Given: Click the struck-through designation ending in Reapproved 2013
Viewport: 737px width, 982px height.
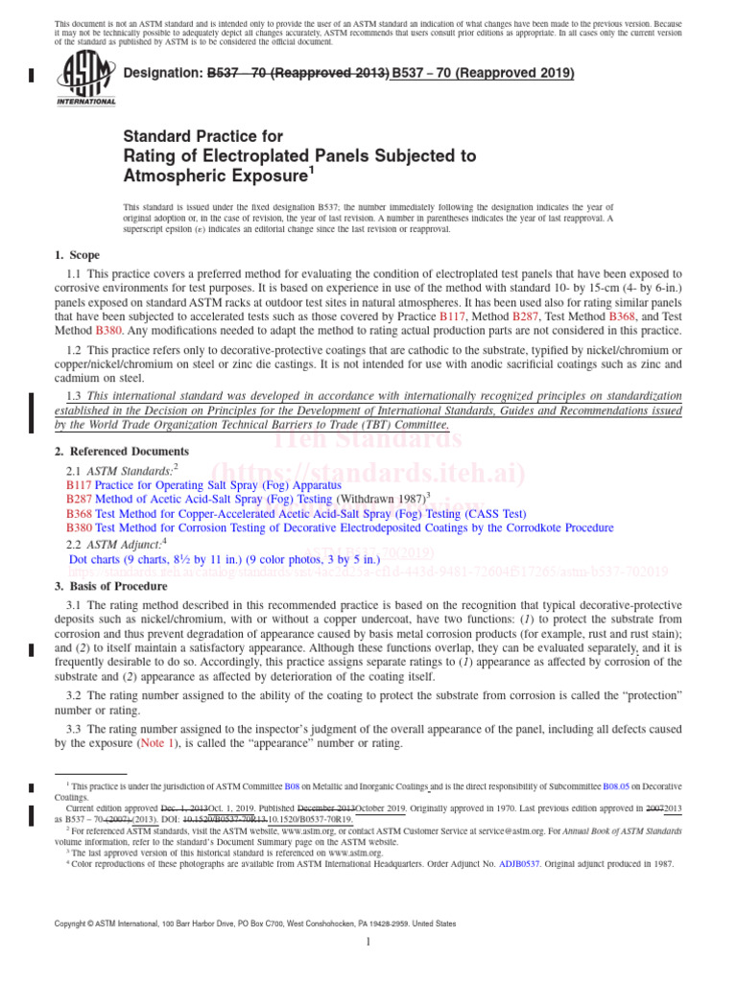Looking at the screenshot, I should click(x=298, y=73).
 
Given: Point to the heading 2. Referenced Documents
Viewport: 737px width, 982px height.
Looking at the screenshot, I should click(x=122, y=452).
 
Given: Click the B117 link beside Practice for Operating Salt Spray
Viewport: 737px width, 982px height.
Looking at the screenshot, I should click(x=79, y=486).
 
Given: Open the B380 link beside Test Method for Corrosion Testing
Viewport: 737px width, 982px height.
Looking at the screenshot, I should click(x=79, y=527).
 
